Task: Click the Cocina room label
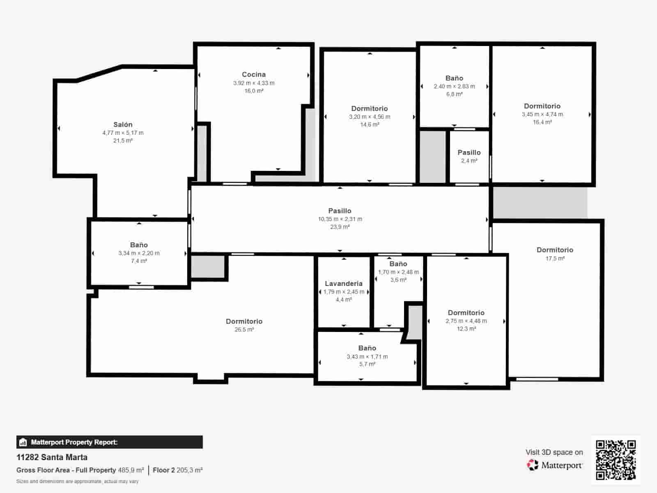click(254, 74)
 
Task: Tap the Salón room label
click(123, 124)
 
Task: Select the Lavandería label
click(344, 283)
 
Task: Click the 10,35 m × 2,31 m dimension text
click(340, 219)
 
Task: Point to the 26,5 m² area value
click(244, 329)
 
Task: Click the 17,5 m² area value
click(555, 258)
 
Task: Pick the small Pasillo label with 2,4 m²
click(469, 152)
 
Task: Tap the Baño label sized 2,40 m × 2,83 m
click(454, 78)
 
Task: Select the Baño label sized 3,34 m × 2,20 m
click(139, 245)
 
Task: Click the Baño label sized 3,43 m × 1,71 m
click(367, 348)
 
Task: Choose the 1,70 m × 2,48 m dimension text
click(398, 272)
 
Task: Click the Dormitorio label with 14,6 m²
click(369, 108)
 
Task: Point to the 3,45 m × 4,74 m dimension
click(542, 114)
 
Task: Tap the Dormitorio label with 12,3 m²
click(466, 313)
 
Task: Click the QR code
click(616, 460)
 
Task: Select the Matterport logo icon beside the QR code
click(533, 465)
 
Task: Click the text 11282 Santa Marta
click(52, 457)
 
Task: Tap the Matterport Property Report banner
click(109, 442)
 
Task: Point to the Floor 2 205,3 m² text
click(177, 470)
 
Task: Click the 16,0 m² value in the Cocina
click(254, 91)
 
